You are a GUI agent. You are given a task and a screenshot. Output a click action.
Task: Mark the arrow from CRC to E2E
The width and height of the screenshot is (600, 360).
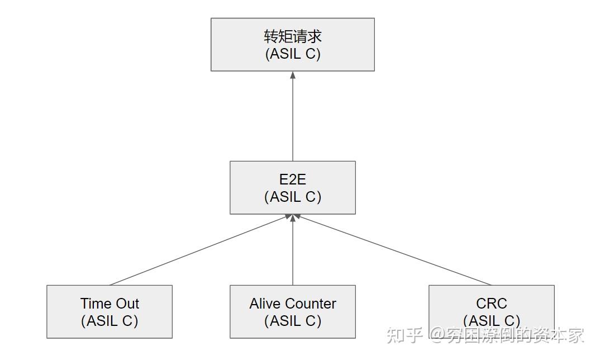391,250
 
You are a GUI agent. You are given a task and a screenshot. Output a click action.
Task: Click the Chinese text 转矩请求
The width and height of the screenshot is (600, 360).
293,36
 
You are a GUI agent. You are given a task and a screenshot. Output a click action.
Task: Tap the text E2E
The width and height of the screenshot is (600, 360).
293,180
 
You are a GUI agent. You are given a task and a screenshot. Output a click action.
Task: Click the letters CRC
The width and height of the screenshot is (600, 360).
492,304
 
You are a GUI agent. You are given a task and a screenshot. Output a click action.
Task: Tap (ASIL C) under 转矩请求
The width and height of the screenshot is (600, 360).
293,54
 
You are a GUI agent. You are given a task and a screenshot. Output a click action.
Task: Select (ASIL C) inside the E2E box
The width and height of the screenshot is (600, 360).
293,197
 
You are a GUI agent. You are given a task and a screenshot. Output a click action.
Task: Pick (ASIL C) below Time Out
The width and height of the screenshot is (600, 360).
109,321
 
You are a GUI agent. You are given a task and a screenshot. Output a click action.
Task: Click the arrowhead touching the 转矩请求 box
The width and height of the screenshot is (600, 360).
293,75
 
